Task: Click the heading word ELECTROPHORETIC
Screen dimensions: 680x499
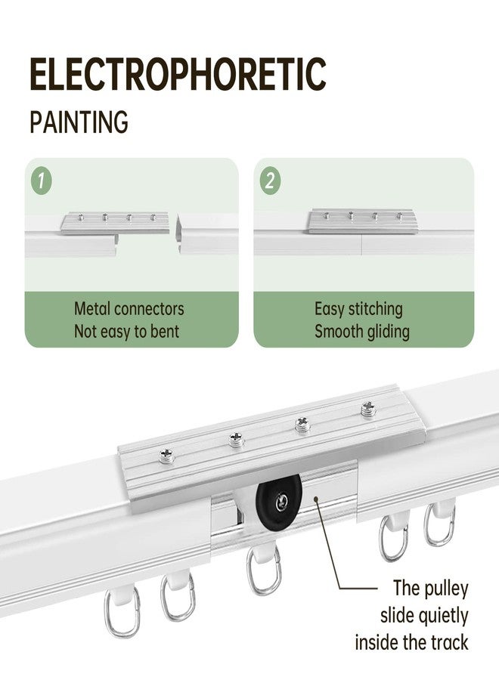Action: (178, 74)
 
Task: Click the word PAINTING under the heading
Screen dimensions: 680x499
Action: (79, 122)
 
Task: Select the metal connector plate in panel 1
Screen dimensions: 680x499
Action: (114, 223)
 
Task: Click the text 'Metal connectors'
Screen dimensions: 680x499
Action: (129, 309)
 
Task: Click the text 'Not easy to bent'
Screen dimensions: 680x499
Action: (126, 331)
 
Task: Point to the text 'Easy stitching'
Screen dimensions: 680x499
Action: (358, 309)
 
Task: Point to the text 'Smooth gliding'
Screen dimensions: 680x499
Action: (362, 331)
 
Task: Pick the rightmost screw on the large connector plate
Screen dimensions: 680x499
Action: (368, 409)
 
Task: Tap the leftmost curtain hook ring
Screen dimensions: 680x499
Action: (122, 613)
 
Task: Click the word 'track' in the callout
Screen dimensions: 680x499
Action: (449, 642)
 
